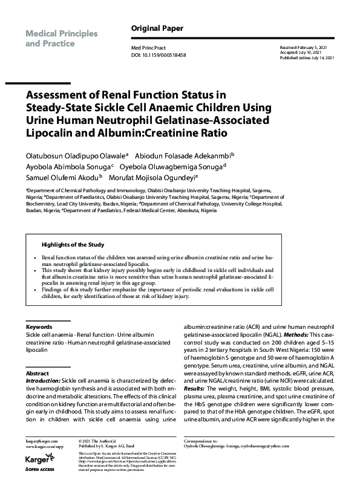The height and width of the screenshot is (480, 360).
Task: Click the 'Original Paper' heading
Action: [157, 28]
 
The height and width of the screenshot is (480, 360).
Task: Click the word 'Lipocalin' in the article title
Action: [51, 132]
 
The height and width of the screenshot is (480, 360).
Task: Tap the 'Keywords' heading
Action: [39, 326]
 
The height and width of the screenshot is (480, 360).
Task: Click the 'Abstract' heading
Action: [37, 374]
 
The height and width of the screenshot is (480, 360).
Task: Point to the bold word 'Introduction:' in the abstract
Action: [43, 381]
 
